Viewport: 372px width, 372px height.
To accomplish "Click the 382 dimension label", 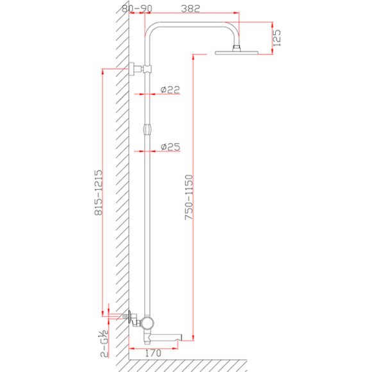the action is pyautogui.click(x=190, y=8).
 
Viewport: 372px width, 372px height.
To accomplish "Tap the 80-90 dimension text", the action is pyautogui.click(x=137, y=8).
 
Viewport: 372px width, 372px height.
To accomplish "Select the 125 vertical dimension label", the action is pyautogui.click(x=276, y=38).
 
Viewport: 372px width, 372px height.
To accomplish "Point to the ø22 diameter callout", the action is pyautogui.click(x=170, y=89).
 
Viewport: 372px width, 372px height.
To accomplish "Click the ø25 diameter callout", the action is pyautogui.click(x=171, y=147).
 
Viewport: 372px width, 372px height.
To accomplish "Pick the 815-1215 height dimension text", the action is pyautogui.click(x=99, y=192).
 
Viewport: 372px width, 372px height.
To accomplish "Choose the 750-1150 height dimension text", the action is pyautogui.click(x=189, y=198).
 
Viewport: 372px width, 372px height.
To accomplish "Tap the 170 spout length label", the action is pyautogui.click(x=153, y=353).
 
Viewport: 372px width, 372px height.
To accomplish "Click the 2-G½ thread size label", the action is pyautogui.click(x=105, y=344).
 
